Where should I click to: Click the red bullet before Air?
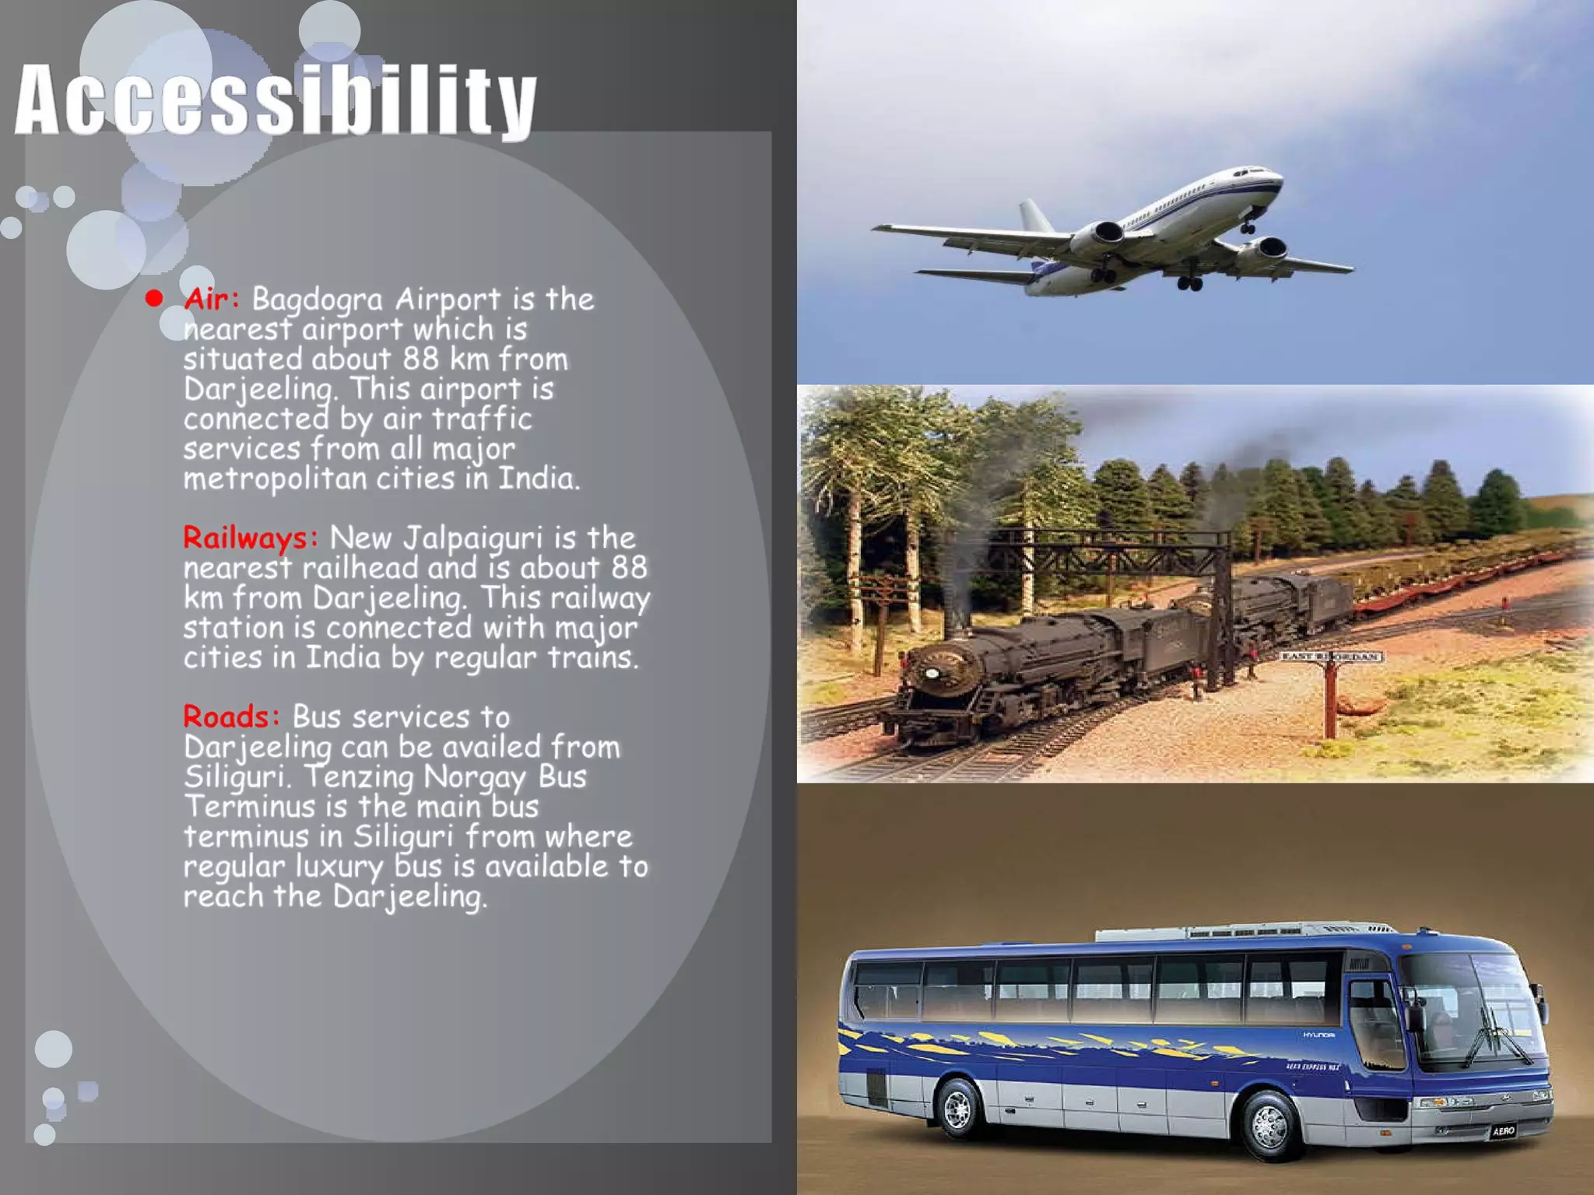tap(154, 298)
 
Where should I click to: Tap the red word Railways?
tap(250, 538)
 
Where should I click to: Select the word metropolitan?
tap(275, 478)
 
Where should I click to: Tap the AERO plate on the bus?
tap(1503, 1130)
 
